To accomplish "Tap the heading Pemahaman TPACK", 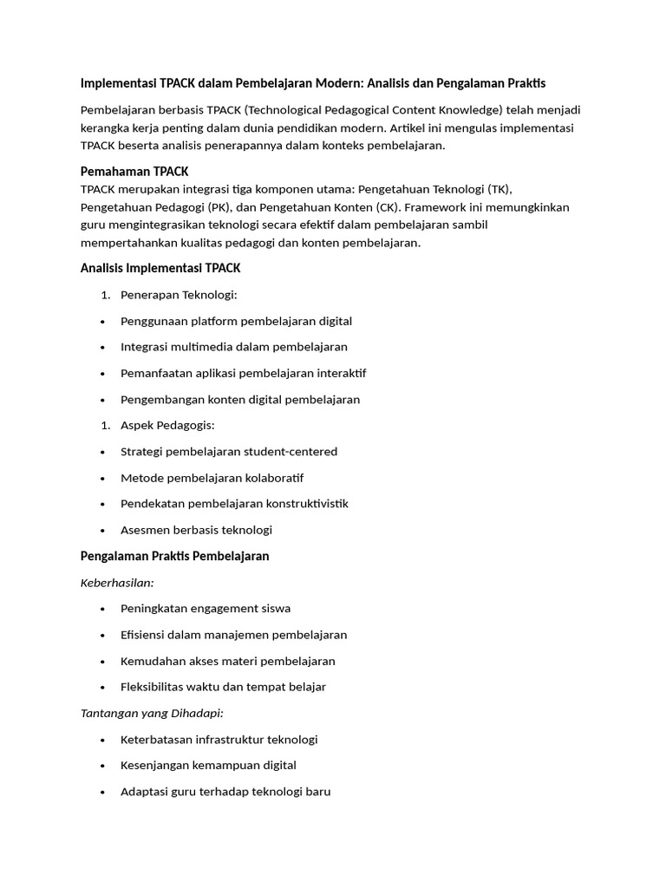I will [134, 172].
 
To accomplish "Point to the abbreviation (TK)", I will [499, 189].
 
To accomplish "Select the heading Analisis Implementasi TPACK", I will [160, 268].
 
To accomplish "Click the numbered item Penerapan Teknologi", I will [173, 295].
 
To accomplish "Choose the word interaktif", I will [342, 373].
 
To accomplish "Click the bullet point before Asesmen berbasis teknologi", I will [103, 531].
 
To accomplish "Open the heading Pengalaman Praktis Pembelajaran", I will [174, 556].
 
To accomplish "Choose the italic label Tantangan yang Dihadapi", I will [152, 713].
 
